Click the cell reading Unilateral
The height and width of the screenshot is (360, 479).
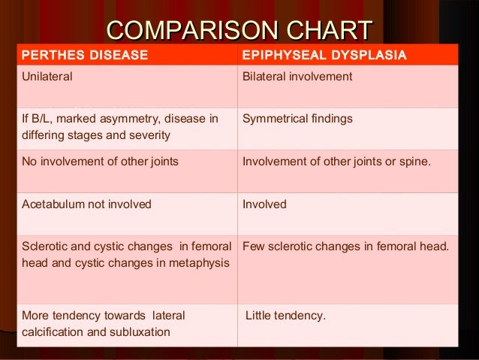pos(47,77)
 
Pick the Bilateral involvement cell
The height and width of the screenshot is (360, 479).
pos(297,77)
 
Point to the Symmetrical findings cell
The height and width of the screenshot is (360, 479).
pos(297,119)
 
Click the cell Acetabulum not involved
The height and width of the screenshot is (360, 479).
pos(86,204)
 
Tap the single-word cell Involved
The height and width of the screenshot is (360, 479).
pos(264,204)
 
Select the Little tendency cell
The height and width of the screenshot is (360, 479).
pos(286,316)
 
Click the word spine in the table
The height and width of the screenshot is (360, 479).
pos(414,161)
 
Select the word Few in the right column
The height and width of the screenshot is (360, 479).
pos(253,247)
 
